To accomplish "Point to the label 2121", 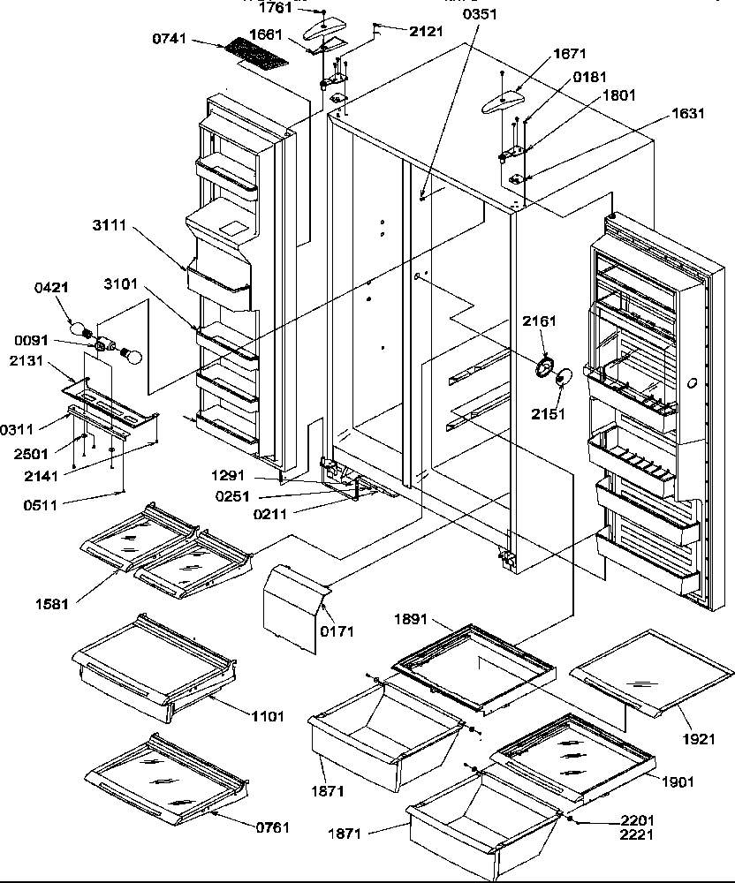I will [428, 31].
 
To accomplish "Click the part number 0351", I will [481, 14].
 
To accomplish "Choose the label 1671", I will [569, 54].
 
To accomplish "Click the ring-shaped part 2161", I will [544, 367].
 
